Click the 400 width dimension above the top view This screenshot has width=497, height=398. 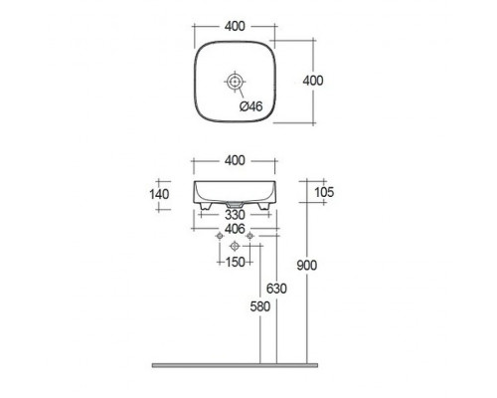pyautogui.click(x=235, y=26)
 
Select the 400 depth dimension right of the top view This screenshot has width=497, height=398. pyautogui.click(x=313, y=81)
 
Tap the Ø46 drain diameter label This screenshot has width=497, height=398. pyautogui.click(x=250, y=106)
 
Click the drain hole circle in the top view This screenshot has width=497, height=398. pyautogui.click(x=235, y=82)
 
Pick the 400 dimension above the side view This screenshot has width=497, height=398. pyautogui.click(x=235, y=161)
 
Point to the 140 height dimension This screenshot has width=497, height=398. pyautogui.click(x=159, y=194)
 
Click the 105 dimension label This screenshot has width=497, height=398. pyautogui.click(x=324, y=192)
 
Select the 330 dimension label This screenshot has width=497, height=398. pyautogui.click(x=235, y=215)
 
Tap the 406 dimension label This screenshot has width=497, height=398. pyautogui.click(x=235, y=229)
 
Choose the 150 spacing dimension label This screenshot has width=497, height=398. pyautogui.click(x=235, y=263)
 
